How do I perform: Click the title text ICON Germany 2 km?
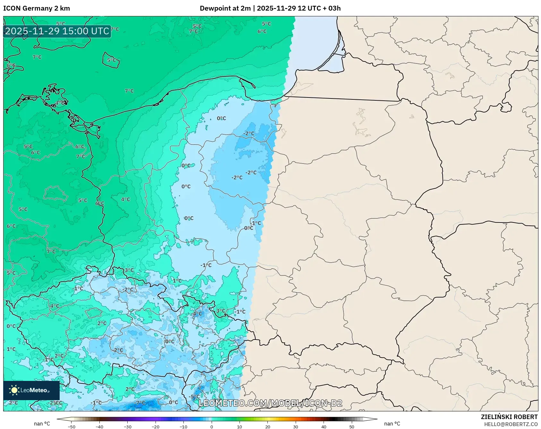(x=37, y=8)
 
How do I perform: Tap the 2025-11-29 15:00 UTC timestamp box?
(x=57, y=31)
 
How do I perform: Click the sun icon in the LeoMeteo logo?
(x=14, y=390)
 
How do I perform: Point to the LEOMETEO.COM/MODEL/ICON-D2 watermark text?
(x=270, y=403)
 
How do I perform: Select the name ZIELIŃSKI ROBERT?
(x=509, y=417)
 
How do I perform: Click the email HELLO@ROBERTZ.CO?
(x=511, y=424)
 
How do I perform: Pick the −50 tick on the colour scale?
(x=72, y=426)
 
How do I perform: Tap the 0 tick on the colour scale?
(x=212, y=426)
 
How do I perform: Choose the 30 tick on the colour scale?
(x=296, y=426)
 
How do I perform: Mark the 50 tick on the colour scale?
(x=352, y=426)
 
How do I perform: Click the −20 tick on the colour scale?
(x=156, y=426)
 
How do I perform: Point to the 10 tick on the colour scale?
(x=240, y=426)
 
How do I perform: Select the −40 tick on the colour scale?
(x=99, y=426)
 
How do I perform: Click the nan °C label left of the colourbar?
(x=42, y=424)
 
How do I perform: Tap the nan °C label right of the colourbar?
(x=392, y=424)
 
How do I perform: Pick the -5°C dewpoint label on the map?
(x=195, y=397)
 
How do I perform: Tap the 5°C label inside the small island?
(x=111, y=60)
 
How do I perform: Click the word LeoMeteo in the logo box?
(x=34, y=390)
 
